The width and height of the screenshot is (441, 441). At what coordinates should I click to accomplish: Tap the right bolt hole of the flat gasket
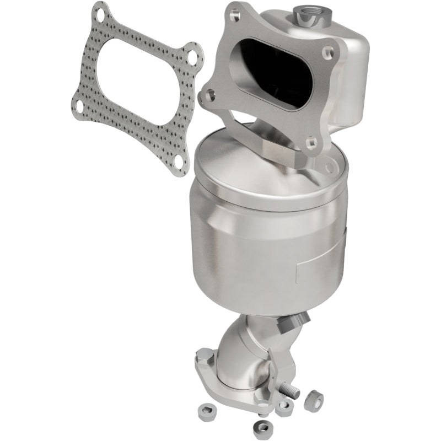click(x=191, y=57)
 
